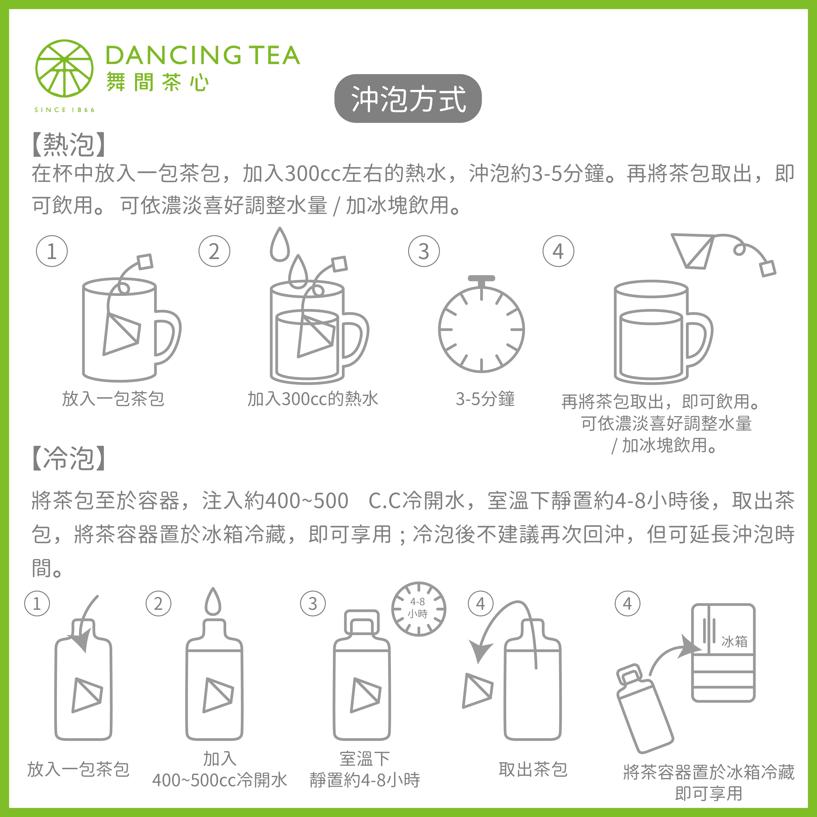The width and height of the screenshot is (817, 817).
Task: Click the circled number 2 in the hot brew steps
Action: click(x=214, y=251)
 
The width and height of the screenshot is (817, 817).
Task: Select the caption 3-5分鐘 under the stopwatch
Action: click(x=485, y=399)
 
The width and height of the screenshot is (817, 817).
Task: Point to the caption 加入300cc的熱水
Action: click(x=312, y=399)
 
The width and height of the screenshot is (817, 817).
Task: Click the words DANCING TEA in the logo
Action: click(x=203, y=55)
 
